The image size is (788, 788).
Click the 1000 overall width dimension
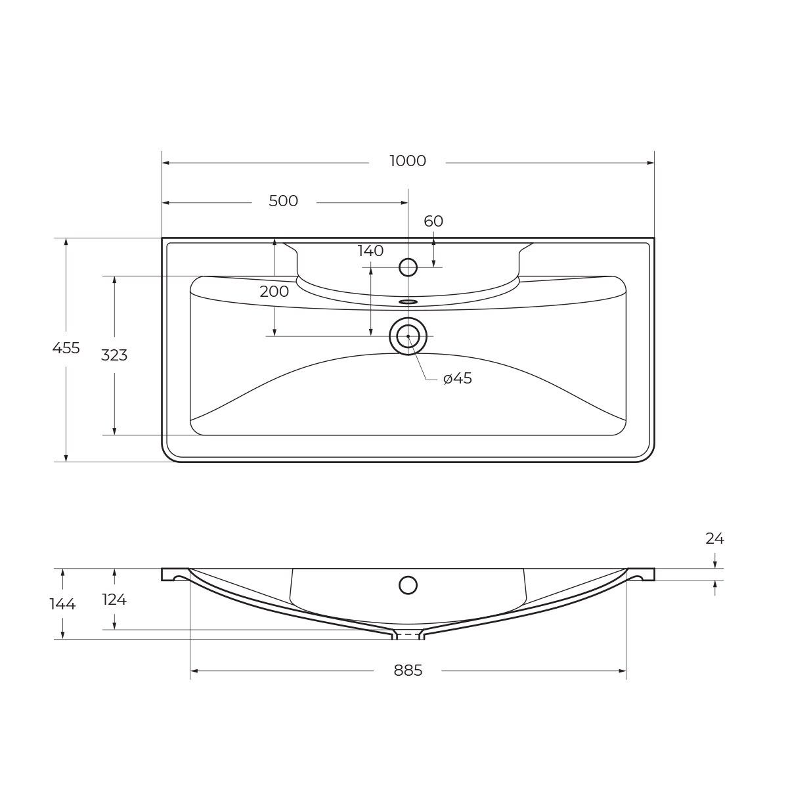(407, 161)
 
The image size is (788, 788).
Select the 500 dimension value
(283, 201)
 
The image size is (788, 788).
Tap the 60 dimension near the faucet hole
(433, 221)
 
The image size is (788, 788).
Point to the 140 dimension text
(370, 251)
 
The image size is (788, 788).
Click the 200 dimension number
(274, 292)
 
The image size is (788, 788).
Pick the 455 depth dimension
(66, 348)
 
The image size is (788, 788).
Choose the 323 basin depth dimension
(114, 355)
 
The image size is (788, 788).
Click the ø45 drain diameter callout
(458, 379)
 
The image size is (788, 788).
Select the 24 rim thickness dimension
(714, 538)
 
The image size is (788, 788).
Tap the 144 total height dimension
(62, 604)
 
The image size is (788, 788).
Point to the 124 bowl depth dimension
(114, 600)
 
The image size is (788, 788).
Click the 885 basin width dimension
(408, 670)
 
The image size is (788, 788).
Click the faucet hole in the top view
(408, 267)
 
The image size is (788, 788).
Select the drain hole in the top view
(408, 336)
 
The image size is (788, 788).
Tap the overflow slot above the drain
(408, 302)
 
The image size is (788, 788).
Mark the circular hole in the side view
(408, 585)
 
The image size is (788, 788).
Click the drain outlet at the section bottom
(408, 635)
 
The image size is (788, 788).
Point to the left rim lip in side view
(175, 575)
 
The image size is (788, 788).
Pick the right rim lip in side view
(641, 575)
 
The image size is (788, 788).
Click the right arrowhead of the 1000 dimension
(650, 163)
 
